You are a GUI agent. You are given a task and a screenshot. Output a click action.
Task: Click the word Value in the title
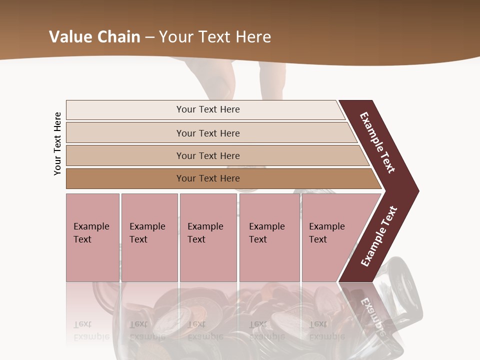(x=69, y=37)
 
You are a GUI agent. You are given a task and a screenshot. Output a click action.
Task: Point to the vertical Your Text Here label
(x=57, y=144)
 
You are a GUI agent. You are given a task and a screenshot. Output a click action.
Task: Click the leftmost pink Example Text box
(x=92, y=237)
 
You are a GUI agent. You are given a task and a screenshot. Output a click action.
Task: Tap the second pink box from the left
(x=149, y=237)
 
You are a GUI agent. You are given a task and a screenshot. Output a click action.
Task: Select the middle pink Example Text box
(x=208, y=237)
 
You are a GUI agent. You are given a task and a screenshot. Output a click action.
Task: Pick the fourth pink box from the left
(x=269, y=237)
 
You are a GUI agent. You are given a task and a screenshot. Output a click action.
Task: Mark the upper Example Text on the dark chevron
(x=378, y=143)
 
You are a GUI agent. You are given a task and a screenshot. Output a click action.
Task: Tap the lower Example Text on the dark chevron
(x=378, y=236)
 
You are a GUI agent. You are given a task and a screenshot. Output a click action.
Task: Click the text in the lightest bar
(x=208, y=109)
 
